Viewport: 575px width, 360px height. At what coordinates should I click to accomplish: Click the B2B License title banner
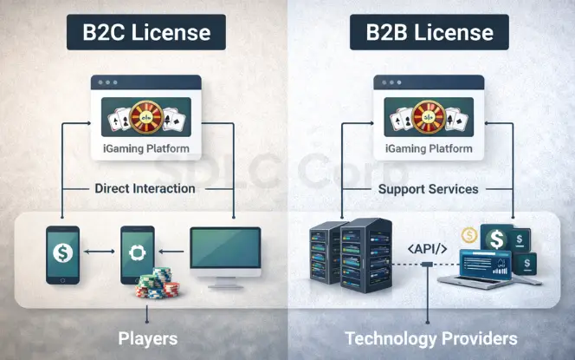[x=423, y=33]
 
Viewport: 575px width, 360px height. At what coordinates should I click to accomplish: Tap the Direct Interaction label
[x=145, y=188]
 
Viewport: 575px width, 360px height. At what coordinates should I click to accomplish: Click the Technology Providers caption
[x=430, y=337]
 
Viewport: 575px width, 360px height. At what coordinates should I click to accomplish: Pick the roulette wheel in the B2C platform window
[x=145, y=117]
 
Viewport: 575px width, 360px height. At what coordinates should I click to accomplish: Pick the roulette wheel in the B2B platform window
[x=427, y=117]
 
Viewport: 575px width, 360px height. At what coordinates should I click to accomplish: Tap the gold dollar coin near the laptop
[x=470, y=235]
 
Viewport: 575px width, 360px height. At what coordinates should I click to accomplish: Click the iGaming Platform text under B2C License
[x=145, y=148]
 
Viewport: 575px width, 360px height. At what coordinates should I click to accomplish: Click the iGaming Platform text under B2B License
[x=428, y=148]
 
